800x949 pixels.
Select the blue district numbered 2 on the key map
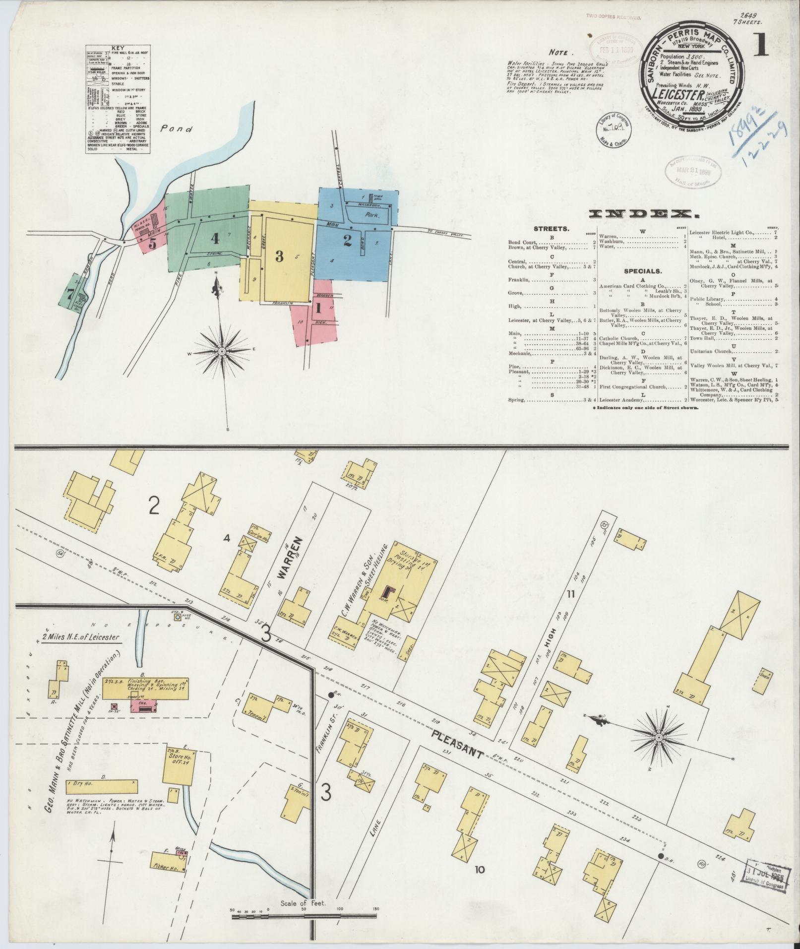(348, 241)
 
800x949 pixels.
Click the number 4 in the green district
(215, 239)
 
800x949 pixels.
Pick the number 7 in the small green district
(72, 292)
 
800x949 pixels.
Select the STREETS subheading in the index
(551, 229)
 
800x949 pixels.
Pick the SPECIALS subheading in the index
(642, 271)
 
